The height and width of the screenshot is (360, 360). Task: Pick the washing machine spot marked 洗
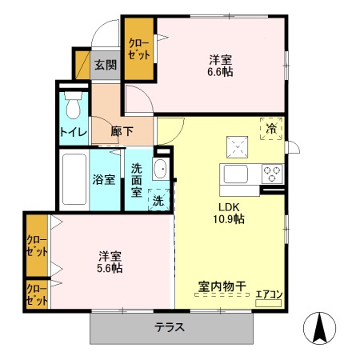(x=158, y=200)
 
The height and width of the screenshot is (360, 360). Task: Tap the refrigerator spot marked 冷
(x=271, y=128)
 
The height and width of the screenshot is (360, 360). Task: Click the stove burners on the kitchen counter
(x=271, y=173)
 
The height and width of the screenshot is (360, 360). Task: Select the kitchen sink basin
(x=238, y=174)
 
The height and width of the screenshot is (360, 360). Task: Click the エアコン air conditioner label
(x=269, y=294)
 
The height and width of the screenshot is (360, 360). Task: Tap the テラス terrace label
(x=170, y=327)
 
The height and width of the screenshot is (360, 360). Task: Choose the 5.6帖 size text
(x=110, y=268)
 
